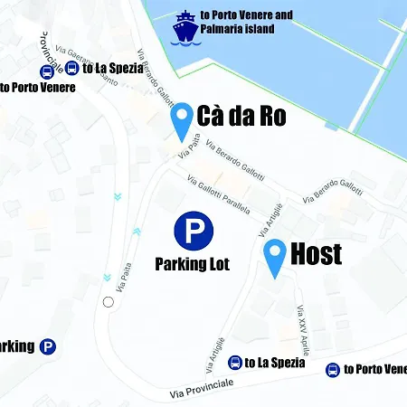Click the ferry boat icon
185,28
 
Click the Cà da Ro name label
241,117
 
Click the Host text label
317,254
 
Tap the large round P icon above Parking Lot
193,232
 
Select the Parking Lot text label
192,265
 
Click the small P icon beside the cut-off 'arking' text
48,346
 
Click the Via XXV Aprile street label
303,329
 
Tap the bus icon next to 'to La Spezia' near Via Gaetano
72,68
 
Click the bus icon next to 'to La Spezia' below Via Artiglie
235,363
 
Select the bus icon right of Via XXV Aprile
333,369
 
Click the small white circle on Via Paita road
109,301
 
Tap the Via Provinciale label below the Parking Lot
201,387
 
